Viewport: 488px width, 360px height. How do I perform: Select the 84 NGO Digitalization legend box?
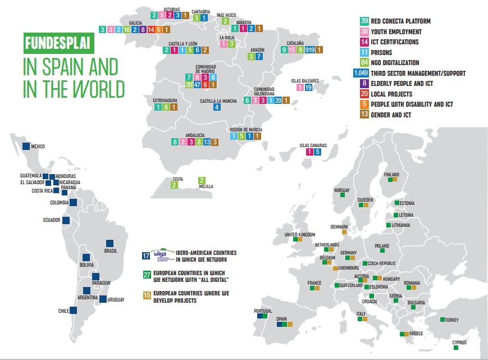point(364,63)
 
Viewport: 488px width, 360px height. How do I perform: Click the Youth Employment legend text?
point(396,32)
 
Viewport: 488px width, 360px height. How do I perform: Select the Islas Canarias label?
point(313,145)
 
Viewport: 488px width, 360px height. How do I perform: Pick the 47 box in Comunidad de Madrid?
point(197,85)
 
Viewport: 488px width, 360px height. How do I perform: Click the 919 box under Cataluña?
point(309,50)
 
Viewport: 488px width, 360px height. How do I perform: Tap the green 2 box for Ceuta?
point(174,185)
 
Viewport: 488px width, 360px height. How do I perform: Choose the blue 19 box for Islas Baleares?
point(308,87)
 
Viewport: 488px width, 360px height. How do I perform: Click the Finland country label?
point(391,175)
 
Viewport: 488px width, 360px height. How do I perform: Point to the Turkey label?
point(451,320)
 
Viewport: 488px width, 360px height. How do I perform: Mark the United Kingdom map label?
point(300,234)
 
